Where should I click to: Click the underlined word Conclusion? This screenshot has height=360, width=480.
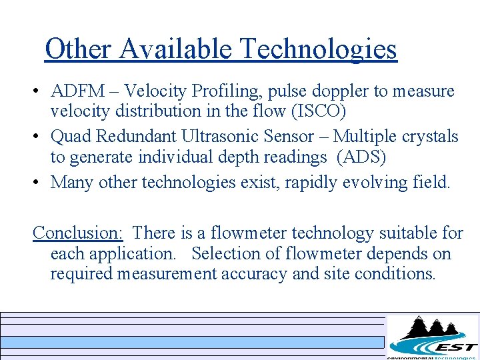pyautogui.click(x=78, y=233)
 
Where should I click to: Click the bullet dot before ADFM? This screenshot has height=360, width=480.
pyautogui.click(x=41, y=91)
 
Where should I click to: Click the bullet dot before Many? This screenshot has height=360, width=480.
pyautogui.click(x=41, y=183)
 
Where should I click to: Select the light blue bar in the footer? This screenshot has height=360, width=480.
pyautogui.click(x=193, y=342)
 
